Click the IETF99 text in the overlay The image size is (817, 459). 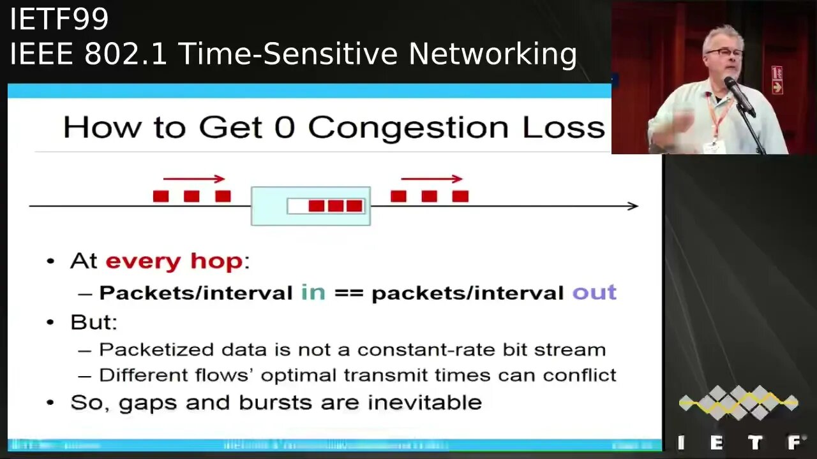click(x=59, y=20)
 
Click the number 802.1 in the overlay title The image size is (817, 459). click(x=125, y=54)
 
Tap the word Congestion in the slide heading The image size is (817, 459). click(x=408, y=127)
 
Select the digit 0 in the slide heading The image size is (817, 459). click(x=284, y=127)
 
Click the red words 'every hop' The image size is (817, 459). click(x=174, y=261)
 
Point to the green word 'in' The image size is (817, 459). click(x=313, y=293)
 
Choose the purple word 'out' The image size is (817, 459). click(x=594, y=293)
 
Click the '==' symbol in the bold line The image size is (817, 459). click(x=348, y=293)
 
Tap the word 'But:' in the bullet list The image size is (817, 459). click(x=94, y=322)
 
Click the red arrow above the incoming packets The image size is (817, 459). click(x=194, y=179)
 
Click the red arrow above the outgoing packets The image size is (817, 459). click(x=431, y=179)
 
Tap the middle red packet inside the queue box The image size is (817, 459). click(x=336, y=206)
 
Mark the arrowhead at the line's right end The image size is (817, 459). click(x=633, y=206)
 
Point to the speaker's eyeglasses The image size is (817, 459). click(x=724, y=53)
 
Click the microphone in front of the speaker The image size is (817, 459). click(x=738, y=94)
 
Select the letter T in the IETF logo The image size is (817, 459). click(x=755, y=442)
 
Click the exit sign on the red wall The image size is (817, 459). click(x=777, y=80)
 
